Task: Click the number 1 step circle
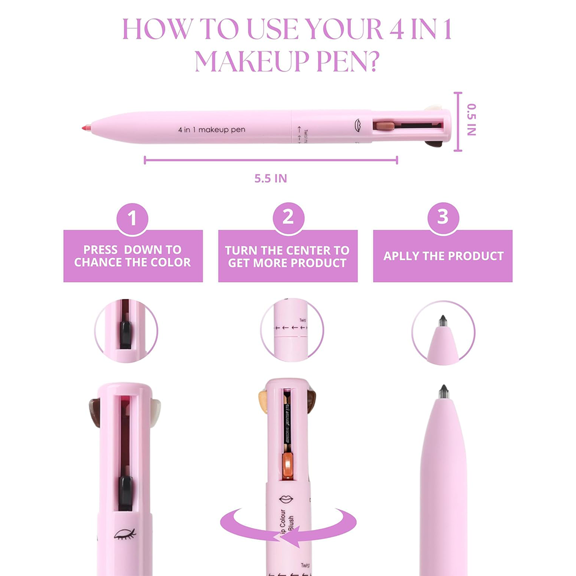click(133, 219)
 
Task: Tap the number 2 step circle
click(288, 219)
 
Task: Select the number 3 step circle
click(442, 219)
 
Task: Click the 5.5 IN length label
click(271, 178)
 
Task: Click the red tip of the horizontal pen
click(85, 126)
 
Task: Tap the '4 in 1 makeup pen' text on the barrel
click(211, 130)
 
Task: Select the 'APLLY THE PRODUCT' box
click(443, 256)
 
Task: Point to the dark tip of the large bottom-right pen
click(444, 392)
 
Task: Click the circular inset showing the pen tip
click(443, 332)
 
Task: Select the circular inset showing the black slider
click(126, 332)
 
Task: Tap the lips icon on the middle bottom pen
click(286, 499)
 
